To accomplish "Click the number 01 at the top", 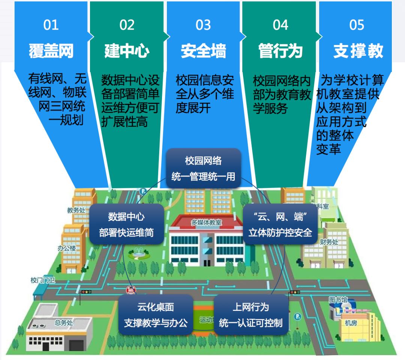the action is [x=51, y=25].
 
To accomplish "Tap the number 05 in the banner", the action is [x=357, y=25].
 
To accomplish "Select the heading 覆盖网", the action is [x=51, y=51].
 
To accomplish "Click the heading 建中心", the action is [x=127, y=51].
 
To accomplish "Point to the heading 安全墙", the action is [x=204, y=51].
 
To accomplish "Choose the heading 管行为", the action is [x=280, y=51].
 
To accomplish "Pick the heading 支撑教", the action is [x=358, y=51].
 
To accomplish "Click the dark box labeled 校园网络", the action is [x=203, y=168].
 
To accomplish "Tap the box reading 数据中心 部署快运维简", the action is [x=127, y=224].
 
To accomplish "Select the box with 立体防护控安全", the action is [x=280, y=224].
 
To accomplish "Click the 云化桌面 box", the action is [x=156, y=315].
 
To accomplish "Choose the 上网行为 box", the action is [x=251, y=315].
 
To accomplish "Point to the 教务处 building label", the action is [x=76, y=210].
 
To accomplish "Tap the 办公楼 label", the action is [x=67, y=248].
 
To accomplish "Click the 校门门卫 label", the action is [x=43, y=280].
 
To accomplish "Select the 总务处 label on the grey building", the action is [x=64, y=322].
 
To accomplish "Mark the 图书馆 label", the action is [x=338, y=300].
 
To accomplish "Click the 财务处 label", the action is [x=329, y=242].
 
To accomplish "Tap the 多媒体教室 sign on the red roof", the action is [x=206, y=222].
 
